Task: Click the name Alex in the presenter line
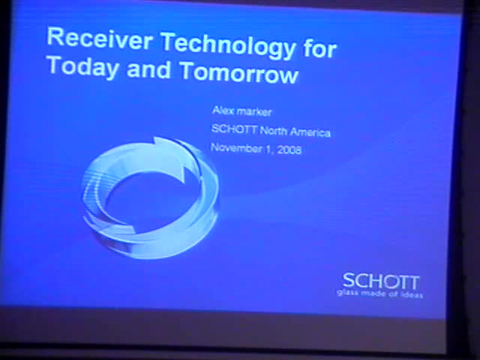click(222, 111)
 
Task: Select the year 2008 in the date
click(289, 149)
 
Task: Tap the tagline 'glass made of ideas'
click(380, 294)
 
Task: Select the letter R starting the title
click(55, 37)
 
